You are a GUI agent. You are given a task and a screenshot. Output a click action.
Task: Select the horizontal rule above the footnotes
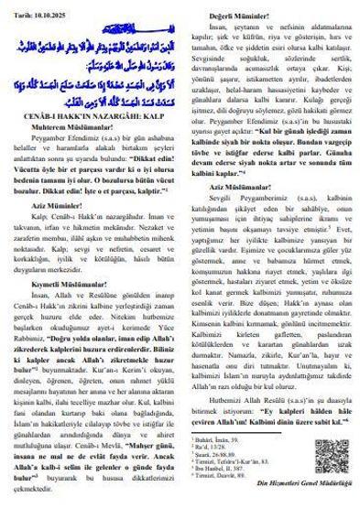[x=220, y=434]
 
